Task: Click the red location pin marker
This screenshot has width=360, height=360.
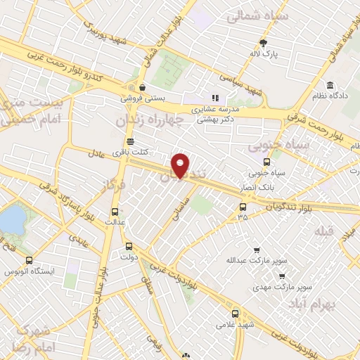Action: coord(181,165)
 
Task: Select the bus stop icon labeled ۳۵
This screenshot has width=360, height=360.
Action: coord(243,207)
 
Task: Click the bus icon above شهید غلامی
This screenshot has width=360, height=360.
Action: coord(235,314)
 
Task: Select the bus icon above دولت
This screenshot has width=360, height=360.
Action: coord(128,247)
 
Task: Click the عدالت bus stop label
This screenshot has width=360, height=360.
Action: coord(114,222)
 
